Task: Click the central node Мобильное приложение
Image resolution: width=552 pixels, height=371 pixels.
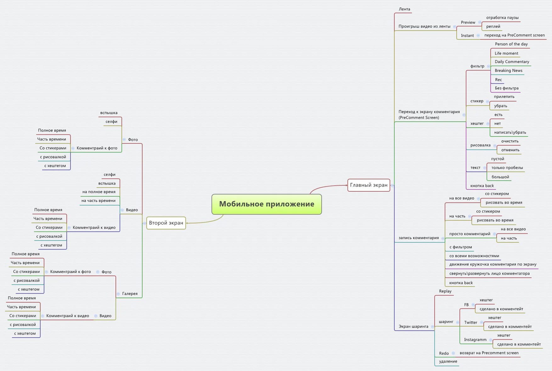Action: click(x=267, y=204)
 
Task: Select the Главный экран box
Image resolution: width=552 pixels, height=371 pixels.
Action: click(x=369, y=185)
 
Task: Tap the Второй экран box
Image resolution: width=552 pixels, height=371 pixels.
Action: click(x=166, y=223)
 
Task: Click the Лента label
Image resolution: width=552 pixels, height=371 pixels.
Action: click(x=404, y=9)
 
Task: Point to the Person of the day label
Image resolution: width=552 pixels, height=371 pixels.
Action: click(x=511, y=44)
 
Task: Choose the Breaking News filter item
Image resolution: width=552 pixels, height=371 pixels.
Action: click(x=508, y=71)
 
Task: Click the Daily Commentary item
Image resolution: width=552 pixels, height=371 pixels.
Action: click(x=512, y=62)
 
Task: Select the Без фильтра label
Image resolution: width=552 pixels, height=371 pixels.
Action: click(x=506, y=88)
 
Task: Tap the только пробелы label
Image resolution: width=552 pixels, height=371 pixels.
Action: click(x=507, y=168)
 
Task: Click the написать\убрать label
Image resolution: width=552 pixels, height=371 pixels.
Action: click(x=510, y=132)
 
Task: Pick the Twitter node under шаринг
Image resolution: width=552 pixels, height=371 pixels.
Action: click(x=470, y=322)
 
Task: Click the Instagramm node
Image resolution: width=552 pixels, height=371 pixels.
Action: click(x=475, y=340)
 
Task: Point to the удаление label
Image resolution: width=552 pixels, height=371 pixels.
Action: click(x=448, y=362)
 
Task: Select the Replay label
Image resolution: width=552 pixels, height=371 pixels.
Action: click(x=445, y=291)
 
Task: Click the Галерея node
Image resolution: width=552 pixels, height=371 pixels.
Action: click(x=130, y=294)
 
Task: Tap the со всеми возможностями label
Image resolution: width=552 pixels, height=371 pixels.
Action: click(x=474, y=256)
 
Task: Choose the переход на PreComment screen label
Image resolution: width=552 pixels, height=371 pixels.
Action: click(x=514, y=35)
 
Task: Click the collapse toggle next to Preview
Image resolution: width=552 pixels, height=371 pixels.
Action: click(x=480, y=22)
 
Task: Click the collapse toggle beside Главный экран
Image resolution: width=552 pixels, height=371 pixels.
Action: click(x=392, y=186)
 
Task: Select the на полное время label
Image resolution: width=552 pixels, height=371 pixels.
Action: click(x=99, y=192)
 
